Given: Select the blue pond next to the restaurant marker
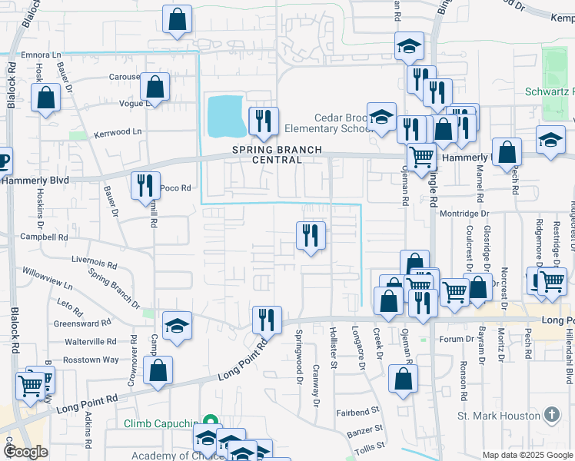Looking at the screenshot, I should pyautogui.click(x=226, y=114).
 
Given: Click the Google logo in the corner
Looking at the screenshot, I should pyautogui.click(x=25, y=451).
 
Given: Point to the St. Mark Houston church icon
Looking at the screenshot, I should pyautogui.click(x=551, y=416).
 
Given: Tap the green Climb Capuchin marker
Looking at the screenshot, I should pyautogui.click(x=208, y=422).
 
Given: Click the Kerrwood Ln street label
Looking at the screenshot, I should pyautogui.click(x=118, y=132).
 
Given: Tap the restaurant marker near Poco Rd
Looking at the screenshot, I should pyautogui.click(x=145, y=187).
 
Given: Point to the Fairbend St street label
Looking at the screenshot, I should pyautogui.click(x=358, y=412).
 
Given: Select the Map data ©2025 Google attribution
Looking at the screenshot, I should pyautogui.click(x=527, y=454).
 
